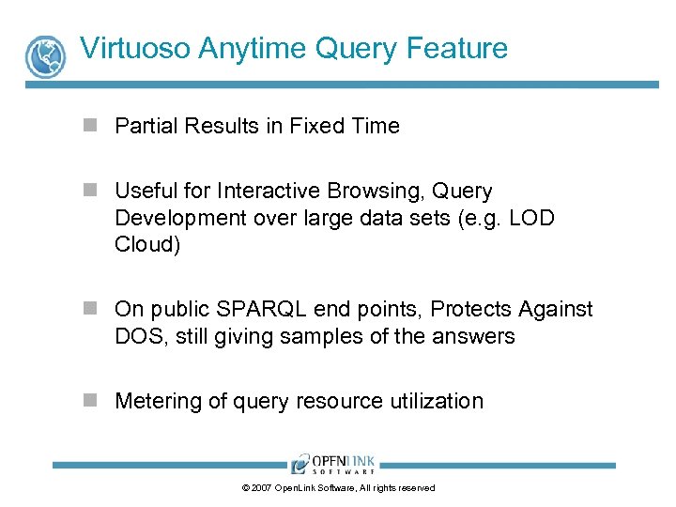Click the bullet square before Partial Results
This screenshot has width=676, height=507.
click(90, 126)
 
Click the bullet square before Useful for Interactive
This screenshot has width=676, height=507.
click(90, 191)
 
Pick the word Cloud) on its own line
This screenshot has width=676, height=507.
click(146, 244)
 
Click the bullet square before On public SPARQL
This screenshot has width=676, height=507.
click(90, 309)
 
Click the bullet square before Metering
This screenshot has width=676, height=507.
click(90, 401)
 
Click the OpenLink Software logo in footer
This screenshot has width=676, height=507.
click(333, 464)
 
